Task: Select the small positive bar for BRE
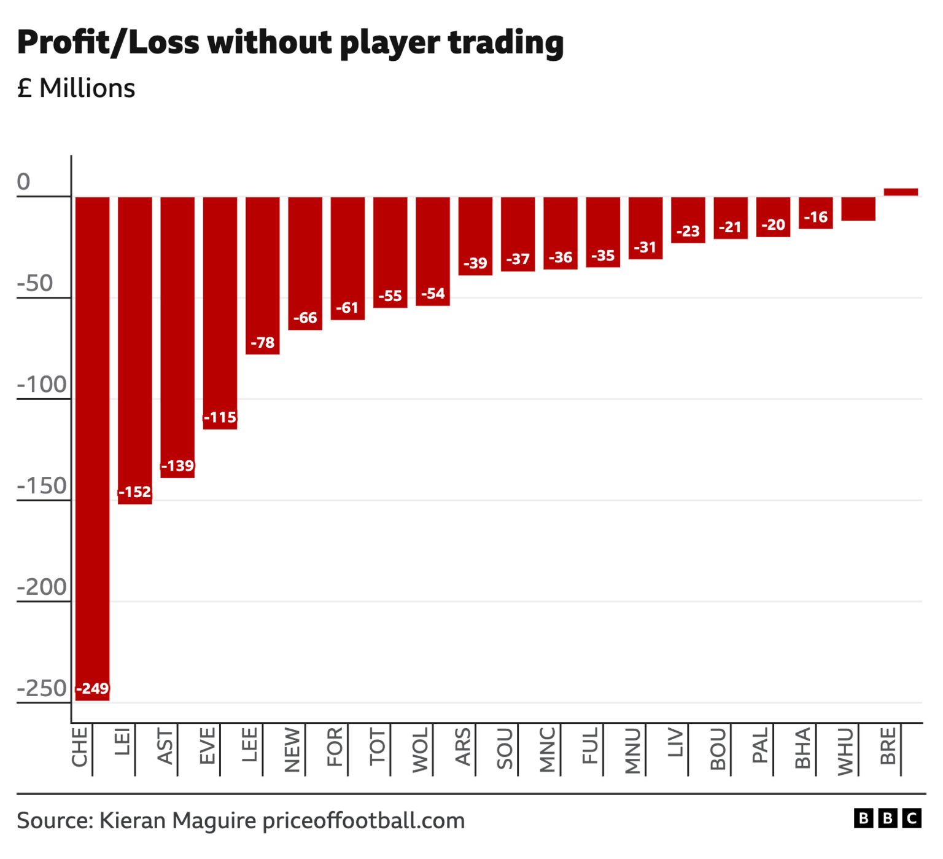tap(901, 192)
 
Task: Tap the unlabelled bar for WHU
tap(858, 210)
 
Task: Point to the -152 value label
tap(134, 492)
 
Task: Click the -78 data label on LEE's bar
tap(263, 343)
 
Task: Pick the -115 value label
tap(220, 418)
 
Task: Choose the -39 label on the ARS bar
tap(475, 264)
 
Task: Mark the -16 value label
tap(816, 218)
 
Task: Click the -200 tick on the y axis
tap(42, 587)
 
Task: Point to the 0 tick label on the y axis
tap(23, 182)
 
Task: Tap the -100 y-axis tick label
tap(42, 385)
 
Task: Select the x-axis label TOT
tap(378, 748)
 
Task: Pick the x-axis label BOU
tap(718, 750)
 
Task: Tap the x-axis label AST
tap(165, 747)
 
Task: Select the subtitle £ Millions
tap(76, 88)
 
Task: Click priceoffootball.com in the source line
tap(363, 821)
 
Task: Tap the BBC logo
tap(887, 819)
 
